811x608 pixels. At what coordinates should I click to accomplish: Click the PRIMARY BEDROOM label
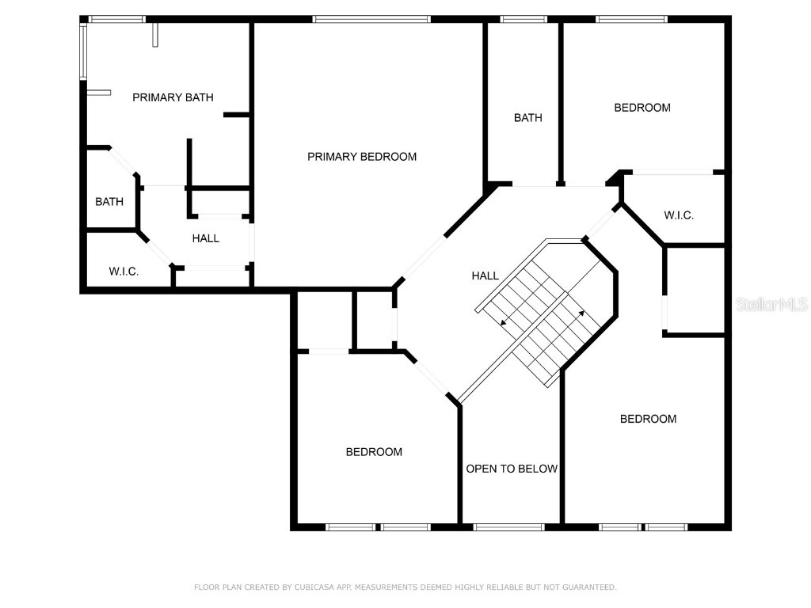tap(362, 157)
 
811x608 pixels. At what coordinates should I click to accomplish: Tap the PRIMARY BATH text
tap(173, 97)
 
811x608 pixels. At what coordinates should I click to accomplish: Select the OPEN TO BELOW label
tap(512, 469)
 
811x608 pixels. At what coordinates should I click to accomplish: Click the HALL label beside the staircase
tap(485, 275)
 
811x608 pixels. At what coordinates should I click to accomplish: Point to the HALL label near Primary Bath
tap(206, 238)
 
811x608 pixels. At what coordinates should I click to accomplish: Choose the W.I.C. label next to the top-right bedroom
tap(679, 215)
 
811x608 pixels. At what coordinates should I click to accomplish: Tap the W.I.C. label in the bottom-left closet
tap(124, 272)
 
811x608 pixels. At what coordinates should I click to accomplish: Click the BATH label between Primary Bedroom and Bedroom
tap(528, 118)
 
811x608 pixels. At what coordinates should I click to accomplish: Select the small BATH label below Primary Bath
tap(109, 202)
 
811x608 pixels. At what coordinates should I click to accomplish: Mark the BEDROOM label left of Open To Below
tap(374, 452)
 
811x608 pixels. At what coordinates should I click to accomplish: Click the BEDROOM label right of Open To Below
tap(648, 419)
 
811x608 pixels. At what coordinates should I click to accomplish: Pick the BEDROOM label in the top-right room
tap(642, 108)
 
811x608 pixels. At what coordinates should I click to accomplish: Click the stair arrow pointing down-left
tap(504, 322)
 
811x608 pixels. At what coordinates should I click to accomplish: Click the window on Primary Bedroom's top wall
tap(371, 19)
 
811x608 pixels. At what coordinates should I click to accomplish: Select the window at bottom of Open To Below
tap(508, 526)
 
